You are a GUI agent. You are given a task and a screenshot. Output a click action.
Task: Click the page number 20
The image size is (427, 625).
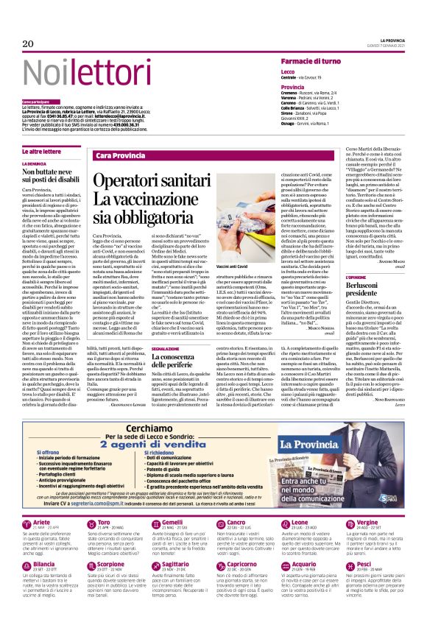29,44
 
